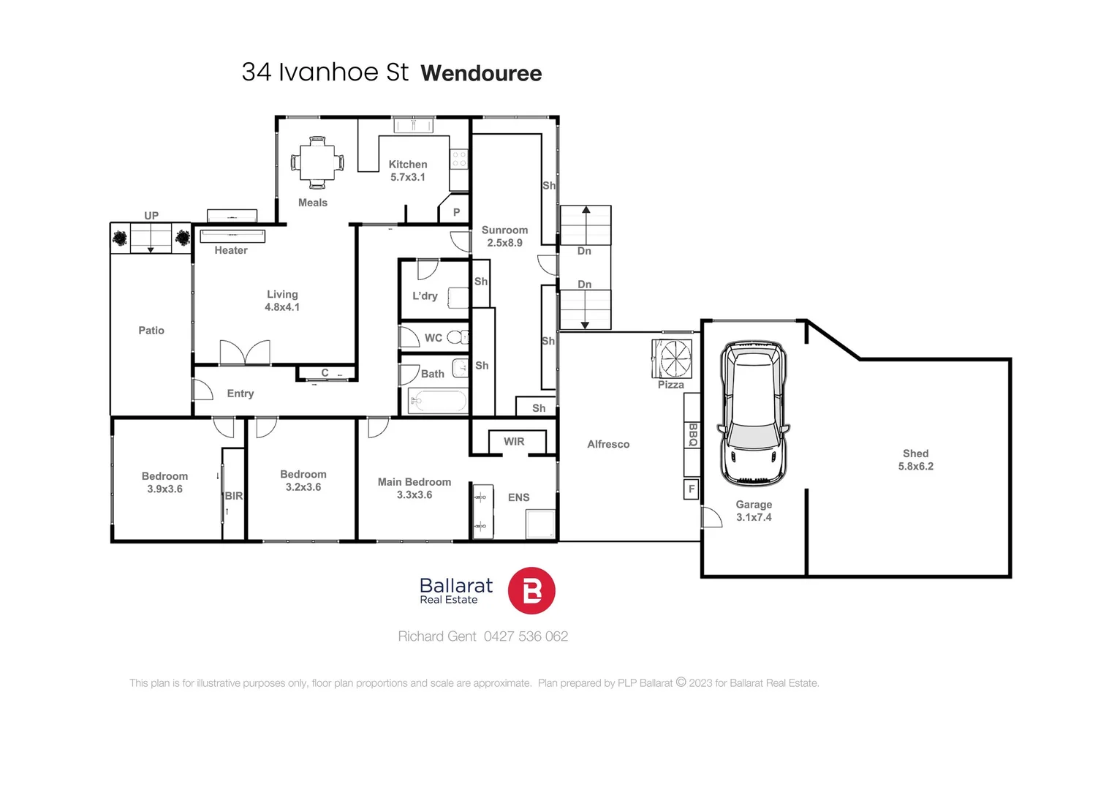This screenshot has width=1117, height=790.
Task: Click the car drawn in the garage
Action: [754, 413]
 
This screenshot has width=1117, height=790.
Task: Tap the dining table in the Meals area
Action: [317, 162]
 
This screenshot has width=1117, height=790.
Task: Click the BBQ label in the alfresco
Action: [692, 434]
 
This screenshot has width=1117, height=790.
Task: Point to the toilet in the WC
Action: [455, 337]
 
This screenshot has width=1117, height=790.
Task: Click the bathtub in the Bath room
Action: [437, 401]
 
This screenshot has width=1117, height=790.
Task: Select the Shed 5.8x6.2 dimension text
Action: [915, 466]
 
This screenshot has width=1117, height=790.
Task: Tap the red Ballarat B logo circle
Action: [531, 590]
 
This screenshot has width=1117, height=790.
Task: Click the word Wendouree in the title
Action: [481, 73]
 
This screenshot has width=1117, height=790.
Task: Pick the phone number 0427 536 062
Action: [526, 636]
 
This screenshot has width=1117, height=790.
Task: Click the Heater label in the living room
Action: [231, 250]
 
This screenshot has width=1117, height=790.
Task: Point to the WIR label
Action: [514, 442]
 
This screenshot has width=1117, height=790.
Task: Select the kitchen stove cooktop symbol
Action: [458, 159]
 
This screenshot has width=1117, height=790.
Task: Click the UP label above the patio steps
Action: [151, 215]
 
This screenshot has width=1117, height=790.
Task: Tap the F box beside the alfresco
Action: [691, 489]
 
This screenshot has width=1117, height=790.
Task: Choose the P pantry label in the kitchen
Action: [456, 212]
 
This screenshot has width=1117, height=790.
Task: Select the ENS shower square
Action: [541, 524]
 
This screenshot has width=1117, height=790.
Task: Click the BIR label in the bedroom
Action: [234, 496]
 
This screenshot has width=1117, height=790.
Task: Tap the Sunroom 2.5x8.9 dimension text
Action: [504, 243]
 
